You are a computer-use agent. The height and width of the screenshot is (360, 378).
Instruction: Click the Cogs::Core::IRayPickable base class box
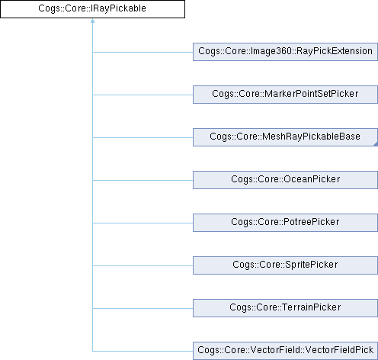pos(92,9)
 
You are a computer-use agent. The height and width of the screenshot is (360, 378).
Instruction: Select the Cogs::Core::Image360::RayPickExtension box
pos(285,52)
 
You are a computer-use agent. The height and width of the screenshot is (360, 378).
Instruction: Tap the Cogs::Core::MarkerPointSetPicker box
pos(285,95)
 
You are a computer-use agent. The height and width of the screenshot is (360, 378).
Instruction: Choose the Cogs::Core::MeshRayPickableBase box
pos(285,137)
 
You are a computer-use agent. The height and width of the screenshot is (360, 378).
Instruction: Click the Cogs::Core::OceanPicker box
pos(285,180)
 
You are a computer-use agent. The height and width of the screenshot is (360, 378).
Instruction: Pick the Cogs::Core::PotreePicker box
pos(285,223)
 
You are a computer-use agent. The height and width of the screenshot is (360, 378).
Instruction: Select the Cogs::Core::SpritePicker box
pos(285,265)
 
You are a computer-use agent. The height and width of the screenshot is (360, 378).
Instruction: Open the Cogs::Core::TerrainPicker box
pos(285,308)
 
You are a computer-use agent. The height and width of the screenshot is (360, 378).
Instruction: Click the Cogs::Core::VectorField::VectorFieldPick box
pos(285,351)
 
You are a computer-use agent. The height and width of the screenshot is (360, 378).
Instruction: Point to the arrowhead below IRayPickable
pos(92,21)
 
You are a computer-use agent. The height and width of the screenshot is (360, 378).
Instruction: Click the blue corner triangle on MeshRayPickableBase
pos(376,144)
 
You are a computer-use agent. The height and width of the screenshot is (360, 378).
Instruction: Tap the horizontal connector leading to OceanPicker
pos(143,180)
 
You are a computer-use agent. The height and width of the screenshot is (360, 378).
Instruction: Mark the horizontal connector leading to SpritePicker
pos(143,265)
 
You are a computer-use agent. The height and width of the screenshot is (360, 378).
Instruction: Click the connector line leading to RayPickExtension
pos(143,52)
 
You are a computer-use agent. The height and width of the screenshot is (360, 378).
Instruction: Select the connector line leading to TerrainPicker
pos(143,308)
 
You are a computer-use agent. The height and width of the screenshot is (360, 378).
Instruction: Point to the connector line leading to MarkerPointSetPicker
pos(143,95)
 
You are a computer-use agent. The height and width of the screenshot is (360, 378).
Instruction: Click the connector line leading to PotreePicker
pos(143,223)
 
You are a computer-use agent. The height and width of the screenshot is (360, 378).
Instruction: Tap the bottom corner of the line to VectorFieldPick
pos(92,351)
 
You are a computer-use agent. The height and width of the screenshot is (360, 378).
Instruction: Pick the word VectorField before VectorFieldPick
pos(275,350)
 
